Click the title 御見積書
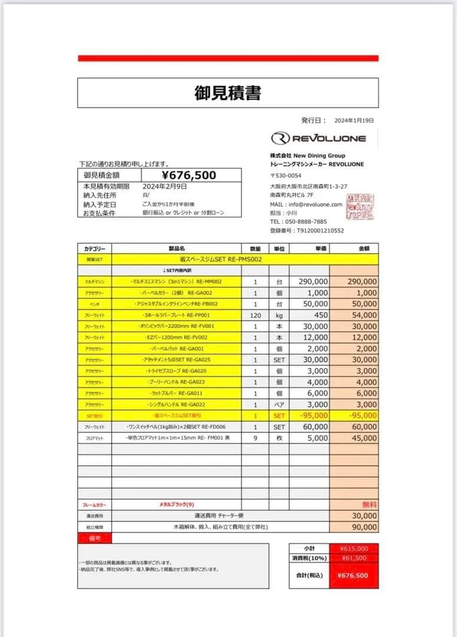pos(228,93)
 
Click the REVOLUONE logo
pos(318,139)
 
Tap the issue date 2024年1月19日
pos(354,120)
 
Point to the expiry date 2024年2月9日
pos(165,186)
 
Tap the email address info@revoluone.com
pos(314,204)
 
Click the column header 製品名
pos(176,249)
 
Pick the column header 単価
pos(317,249)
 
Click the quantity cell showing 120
pos(255,316)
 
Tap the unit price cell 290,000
pos(313,282)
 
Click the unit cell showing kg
pos(279,316)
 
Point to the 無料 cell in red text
pos(369,505)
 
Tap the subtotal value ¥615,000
pos(354,549)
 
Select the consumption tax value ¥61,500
pos(354,559)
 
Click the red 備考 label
pos(94,538)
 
